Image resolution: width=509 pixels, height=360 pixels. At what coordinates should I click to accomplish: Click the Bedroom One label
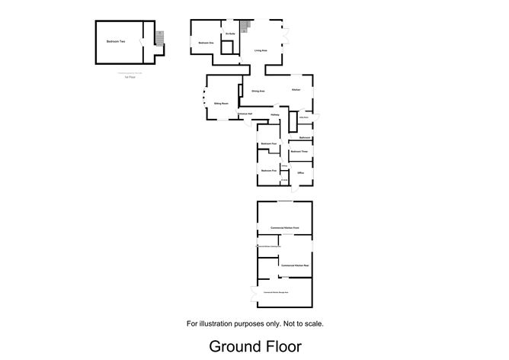[205, 43]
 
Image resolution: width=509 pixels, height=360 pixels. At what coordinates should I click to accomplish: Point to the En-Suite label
[229, 34]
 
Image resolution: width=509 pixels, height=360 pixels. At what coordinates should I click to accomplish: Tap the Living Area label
[261, 50]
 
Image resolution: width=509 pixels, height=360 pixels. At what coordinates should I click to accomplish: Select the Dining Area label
[258, 91]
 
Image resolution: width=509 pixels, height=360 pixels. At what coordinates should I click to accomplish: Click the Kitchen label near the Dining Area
[296, 91]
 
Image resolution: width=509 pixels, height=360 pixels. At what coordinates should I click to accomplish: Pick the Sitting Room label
[222, 102]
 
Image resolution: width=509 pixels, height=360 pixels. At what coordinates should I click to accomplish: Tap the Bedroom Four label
[267, 143]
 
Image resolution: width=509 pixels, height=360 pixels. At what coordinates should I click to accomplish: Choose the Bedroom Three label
[299, 152]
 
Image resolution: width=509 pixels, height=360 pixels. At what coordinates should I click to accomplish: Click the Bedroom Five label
[267, 171]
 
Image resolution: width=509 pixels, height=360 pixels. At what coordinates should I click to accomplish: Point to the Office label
[301, 174]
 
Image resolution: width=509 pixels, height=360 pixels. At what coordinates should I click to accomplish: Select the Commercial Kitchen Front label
[285, 228]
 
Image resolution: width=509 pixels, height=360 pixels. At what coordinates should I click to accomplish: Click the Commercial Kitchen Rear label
[293, 265]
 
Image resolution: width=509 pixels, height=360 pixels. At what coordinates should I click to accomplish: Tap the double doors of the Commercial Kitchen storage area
[253, 293]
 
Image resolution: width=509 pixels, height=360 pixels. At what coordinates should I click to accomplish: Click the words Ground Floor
[256, 346]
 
